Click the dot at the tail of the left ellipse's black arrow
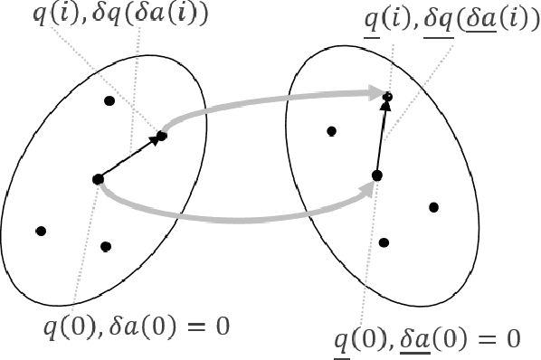[x=97, y=179]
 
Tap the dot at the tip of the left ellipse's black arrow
[x=162, y=136]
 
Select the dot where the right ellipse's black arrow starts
[x=376, y=175]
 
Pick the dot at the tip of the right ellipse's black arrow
[x=387, y=95]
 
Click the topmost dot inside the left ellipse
[x=109, y=100]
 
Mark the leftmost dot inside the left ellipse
[x=40, y=231]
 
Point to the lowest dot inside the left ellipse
[x=106, y=246]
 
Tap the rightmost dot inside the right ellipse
[x=433, y=207]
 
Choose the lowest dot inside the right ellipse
[x=384, y=242]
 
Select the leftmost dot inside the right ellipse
[x=332, y=131]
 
